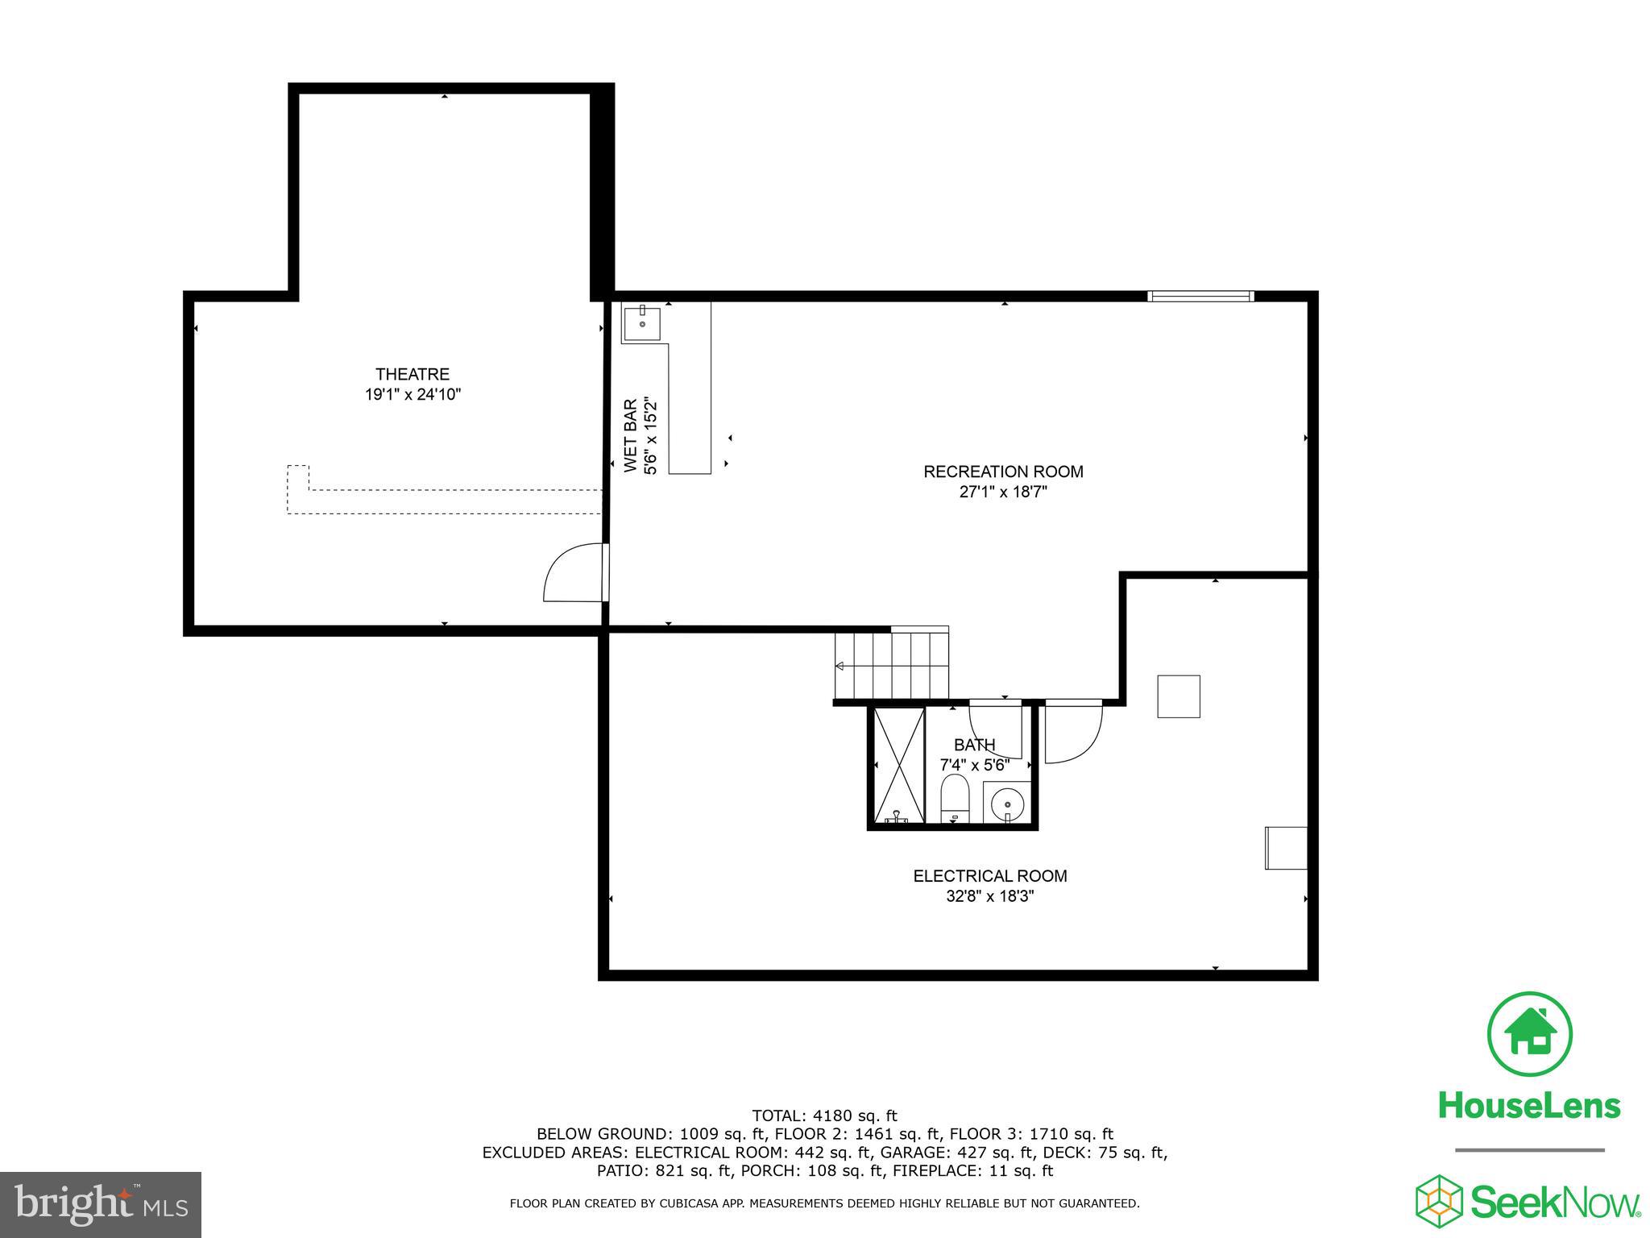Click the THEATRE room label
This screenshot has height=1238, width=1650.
pyautogui.click(x=412, y=374)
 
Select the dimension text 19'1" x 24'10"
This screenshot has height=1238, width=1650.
pyautogui.click(x=412, y=395)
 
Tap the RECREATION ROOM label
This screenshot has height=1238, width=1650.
pyautogui.click(x=1002, y=472)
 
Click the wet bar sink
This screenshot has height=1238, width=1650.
pyautogui.click(x=642, y=322)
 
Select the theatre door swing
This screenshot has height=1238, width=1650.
pyautogui.click(x=574, y=573)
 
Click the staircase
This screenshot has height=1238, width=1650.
pyautogui.click(x=891, y=664)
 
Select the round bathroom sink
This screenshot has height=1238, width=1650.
pyautogui.click(x=1007, y=804)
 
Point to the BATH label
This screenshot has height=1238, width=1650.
pyautogui.click(x=974, y=745)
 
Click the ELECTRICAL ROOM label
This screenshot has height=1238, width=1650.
pyautogui.click(x=989, y=876)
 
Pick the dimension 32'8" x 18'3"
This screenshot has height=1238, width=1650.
pyautogui.click(x=989, y=896)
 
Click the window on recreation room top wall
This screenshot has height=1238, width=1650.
pyautogui.click(x=1200, y=297)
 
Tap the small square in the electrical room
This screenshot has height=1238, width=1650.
pyautogui.click(x=1178, y=696)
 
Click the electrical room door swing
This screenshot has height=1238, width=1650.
pyautogui.click(x=1072, y=733)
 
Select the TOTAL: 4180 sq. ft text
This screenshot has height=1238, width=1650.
pyautogui.click(x=824, y=1115)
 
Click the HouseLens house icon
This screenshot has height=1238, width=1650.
pyautogui.click(x=1528, y=1035)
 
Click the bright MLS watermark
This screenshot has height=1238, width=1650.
pyautogui.click(x=100, y=1205)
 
